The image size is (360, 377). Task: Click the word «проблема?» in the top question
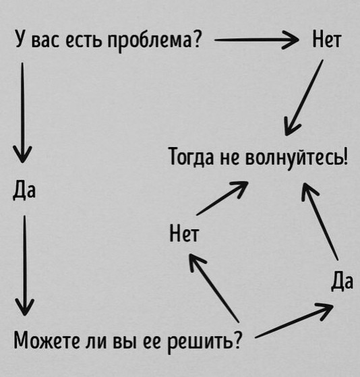coord(154,40)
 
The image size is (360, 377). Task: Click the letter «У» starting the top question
coord(21,38)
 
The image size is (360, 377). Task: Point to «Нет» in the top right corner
coord(326,39)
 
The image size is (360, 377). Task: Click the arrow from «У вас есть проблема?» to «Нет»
coord(256,40)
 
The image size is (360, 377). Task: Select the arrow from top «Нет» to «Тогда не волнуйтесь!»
coord(304,98)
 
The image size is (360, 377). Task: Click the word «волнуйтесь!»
coord(297,158)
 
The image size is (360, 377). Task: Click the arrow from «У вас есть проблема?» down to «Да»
coord(22,113)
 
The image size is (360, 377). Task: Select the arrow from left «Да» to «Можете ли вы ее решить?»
coord(24,266)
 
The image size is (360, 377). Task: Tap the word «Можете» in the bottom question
coord(47,341)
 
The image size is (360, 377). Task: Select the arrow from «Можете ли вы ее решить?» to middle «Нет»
coord(214,288)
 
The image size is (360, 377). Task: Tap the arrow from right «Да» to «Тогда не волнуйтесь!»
coord(320,221)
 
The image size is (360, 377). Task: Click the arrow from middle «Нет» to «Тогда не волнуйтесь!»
coord(222,198)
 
